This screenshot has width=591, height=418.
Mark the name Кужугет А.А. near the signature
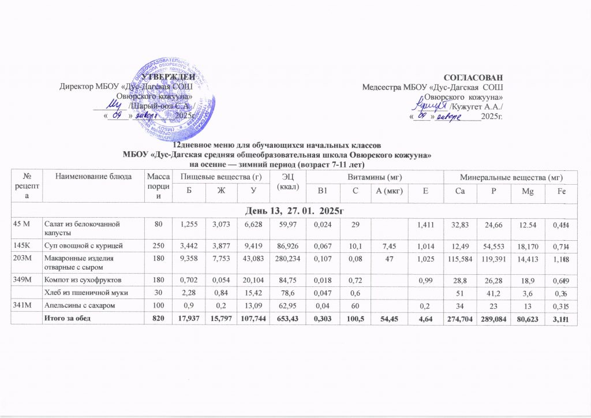tap(477, 107)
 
